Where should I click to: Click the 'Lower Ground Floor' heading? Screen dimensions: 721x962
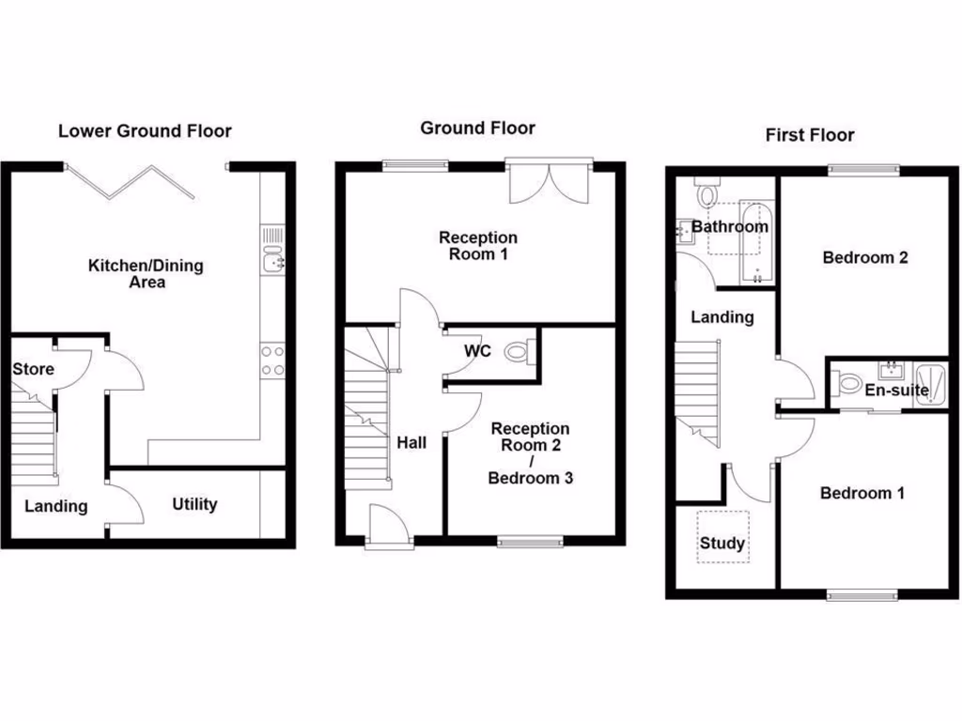[x=145, y=130]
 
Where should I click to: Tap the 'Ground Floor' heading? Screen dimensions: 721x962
[x=477, y=128]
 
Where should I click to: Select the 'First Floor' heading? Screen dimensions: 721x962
[x=810, y=135]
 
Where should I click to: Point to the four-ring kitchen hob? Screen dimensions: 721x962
[x=272, y=360]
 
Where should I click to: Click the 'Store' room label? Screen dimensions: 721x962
[x=33, y=369]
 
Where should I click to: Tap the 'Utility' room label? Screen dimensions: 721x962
[x=194, y=504]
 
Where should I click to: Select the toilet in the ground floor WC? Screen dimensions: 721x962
[x=518, y=353]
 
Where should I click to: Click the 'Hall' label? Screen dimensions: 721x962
[x=411, y=442]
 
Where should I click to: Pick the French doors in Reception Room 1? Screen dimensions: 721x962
[x=551, y=180]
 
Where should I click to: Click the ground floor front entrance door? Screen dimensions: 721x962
[x=389, y=526]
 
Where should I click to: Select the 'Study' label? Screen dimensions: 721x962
[x=722, y=543]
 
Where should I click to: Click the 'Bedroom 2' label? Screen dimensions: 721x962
[x=865, y=257]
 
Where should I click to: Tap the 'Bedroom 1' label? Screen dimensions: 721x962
[x=862, y=493]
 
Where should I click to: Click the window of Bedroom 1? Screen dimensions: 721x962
[x=862, y=593]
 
